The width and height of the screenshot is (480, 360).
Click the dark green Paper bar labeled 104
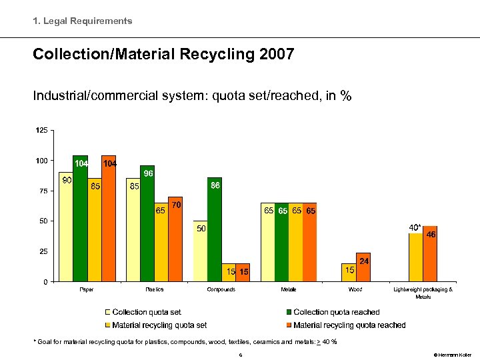pyautogui.click(x=80, y=220)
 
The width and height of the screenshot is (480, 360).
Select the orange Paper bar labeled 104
pyautogui.click(x=109, y=220)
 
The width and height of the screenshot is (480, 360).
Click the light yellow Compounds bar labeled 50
pyautogui.click(x=200, y=251)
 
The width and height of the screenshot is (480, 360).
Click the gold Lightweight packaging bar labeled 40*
pyautogui.click(x=416, y=257)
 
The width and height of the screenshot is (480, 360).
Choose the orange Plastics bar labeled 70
pyautogui.click(x=175, y=240)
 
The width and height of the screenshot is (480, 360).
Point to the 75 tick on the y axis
pyautogui.click(x=43, y=191)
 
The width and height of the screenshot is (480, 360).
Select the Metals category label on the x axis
pyautogui.click(x=288, y=290)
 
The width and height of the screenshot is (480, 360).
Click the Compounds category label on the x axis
pyautogui.click(x=221, y=290)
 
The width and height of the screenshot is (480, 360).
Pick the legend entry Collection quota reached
pyautogui.click(x=336, y=312)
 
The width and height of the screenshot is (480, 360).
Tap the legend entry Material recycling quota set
pyautogui.click(x=159, y=325)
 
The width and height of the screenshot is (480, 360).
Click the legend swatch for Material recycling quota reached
pyautogui.click(x=289, y=325)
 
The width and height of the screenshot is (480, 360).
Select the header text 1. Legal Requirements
pyautogui.click(x=83, y=21)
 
